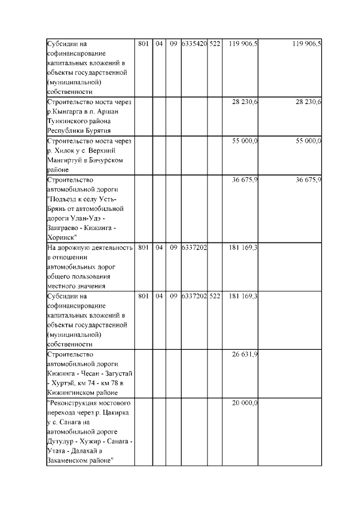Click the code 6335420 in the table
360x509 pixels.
tap(194, 43)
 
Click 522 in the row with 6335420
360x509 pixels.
tap(215, 43)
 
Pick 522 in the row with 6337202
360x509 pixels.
tap(215, 296)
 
